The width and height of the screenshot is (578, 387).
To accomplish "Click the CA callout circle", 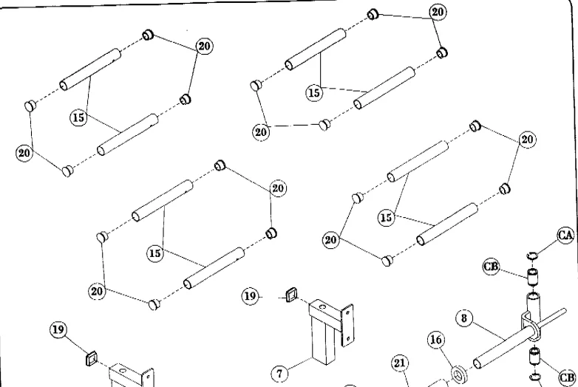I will (565, 236).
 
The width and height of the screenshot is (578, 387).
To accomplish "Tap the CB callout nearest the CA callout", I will (492, 267).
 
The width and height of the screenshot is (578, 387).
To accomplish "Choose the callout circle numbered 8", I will (463, 319).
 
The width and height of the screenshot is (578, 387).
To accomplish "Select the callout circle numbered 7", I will (279, 374).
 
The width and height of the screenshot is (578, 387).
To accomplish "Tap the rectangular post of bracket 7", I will (323, 340).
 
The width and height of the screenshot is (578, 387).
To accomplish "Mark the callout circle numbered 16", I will (437, 340).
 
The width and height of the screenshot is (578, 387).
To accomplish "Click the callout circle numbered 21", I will (399, 363).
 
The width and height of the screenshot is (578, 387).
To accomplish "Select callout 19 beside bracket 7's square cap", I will (251, 296).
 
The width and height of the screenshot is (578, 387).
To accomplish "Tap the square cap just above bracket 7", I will (290, 298).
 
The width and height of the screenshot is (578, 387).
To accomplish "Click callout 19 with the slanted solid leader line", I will (58, 329).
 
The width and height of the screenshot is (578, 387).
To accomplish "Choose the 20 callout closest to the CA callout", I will (528, 140).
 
